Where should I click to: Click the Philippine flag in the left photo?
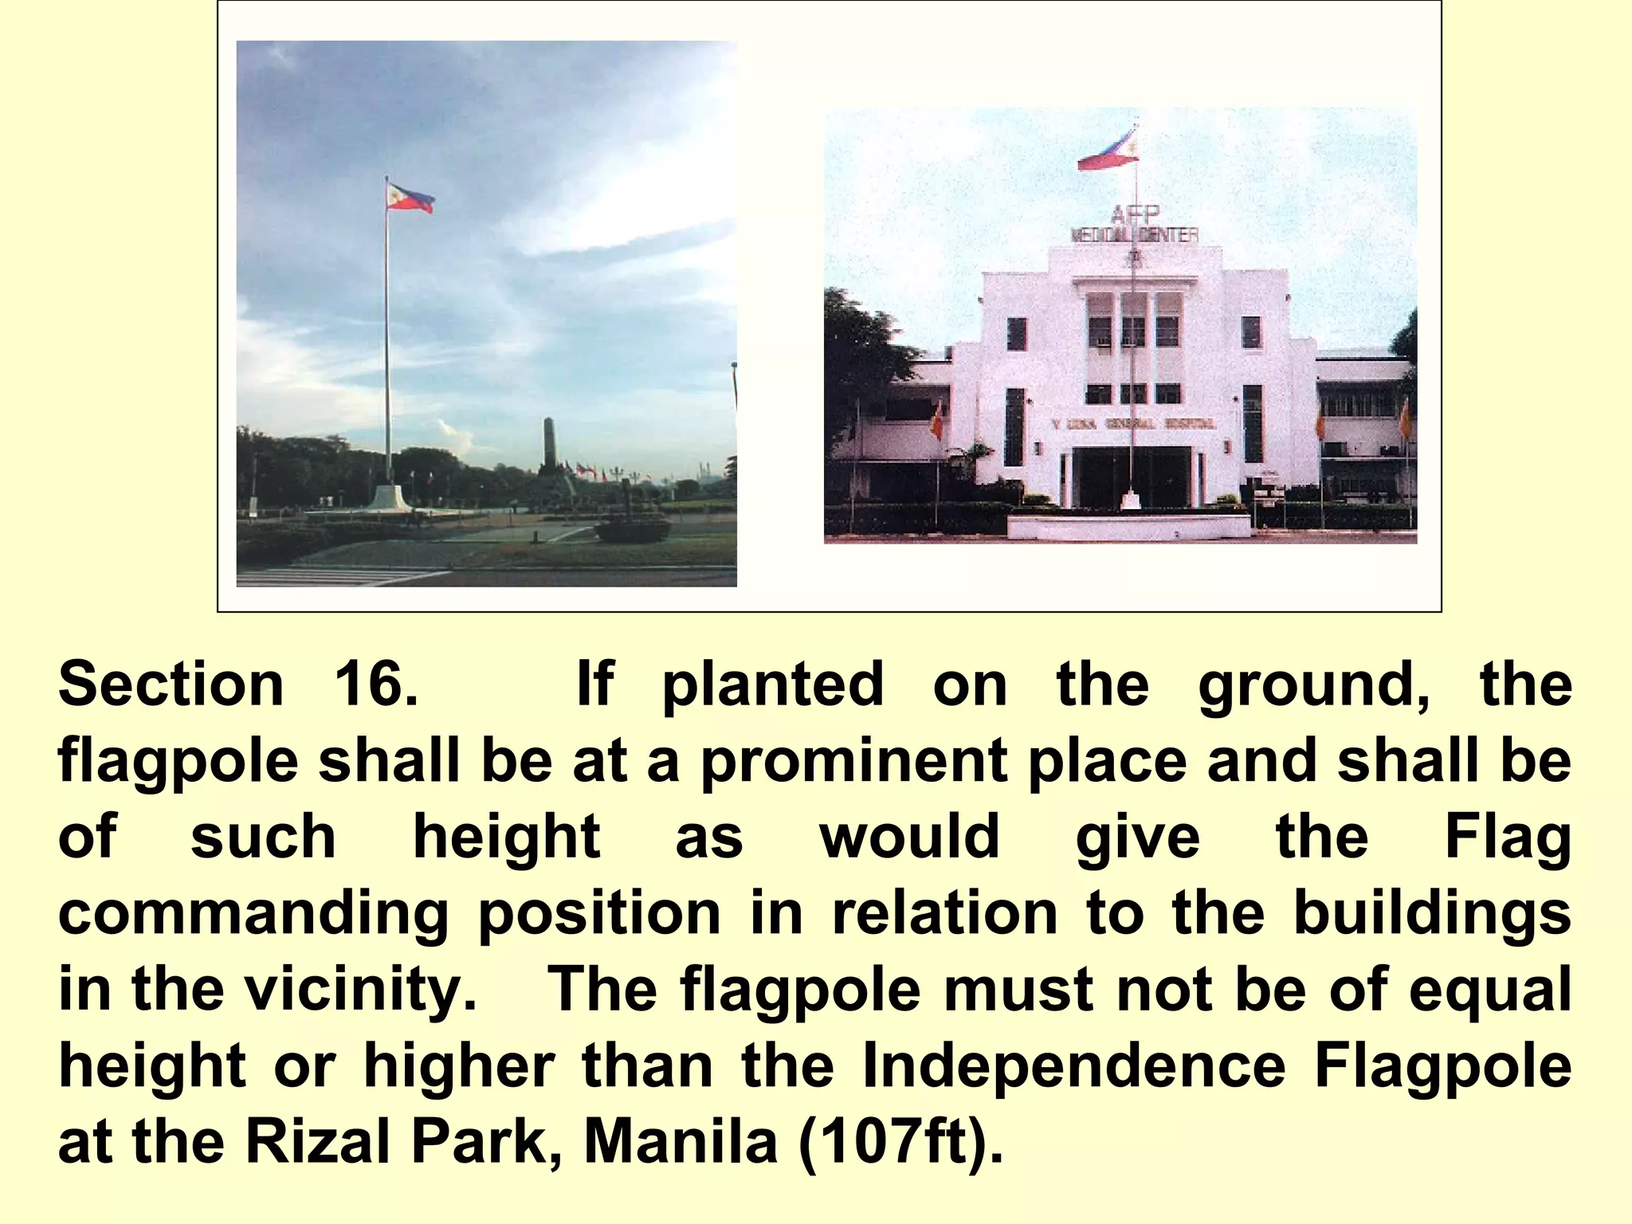tap(410, 197)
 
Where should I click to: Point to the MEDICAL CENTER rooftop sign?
tap(1134, 236)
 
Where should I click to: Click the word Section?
tap(171, 685)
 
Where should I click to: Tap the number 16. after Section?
tap(375, 685)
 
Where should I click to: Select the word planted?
tap(773, 685)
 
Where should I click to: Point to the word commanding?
tap(253, 914)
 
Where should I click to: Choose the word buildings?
tap(1432, 914)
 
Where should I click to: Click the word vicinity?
tap(360, 991)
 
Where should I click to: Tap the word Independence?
tap(1074, 1066)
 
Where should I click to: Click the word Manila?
tap(681, 1143)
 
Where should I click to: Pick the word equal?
tap(1489, 991)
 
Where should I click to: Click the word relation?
tap(944, 914)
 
